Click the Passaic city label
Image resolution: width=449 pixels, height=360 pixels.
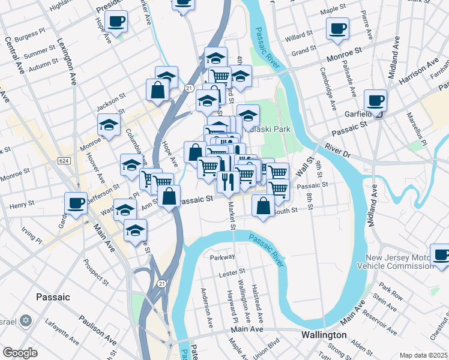pyautogui.click(x=53, y=297)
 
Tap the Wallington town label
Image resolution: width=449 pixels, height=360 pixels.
pyautogui.click(x=324, y=334)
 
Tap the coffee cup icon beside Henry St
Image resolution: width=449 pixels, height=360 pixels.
pyautogui.click(x=76, y=203)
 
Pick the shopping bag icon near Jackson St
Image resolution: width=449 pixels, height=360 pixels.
pyautogui.click(x=157, y=89)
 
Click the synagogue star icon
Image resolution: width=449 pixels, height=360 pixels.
pyautogui.click(x=25, y=321)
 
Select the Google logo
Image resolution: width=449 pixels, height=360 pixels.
pyautogui.click(x=20, y=353)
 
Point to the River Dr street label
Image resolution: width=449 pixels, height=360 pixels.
pyautogui.click(x=337, y=149)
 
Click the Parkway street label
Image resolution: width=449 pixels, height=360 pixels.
pyautogui.click(x=222, y=257)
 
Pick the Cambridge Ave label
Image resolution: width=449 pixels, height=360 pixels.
pyautogui.click(x=330, y=91)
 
